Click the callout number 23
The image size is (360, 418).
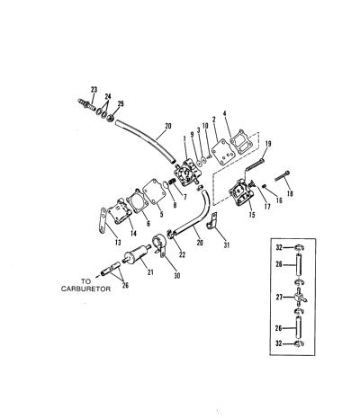coord(94,89)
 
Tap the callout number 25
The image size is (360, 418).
coord(121,104)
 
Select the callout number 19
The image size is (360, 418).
coord(268,144)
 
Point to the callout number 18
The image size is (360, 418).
coord(290,193)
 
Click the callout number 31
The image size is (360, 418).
coord(227,245)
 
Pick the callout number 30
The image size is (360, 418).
coord(177,276)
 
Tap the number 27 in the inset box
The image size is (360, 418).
coord(279,297)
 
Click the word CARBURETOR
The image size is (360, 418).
coord(85,289)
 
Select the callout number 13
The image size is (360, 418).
coord(118,242)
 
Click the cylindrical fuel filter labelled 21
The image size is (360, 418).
coord(138,254)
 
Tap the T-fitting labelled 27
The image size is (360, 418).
coord(299,297)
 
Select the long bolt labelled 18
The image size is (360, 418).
coord(283,175)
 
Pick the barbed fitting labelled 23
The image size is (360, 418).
coord(86,103)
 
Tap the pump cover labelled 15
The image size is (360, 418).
coord(240,193)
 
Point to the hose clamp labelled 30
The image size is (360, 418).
coord(158,245)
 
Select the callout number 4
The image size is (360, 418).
coord(224,113)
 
